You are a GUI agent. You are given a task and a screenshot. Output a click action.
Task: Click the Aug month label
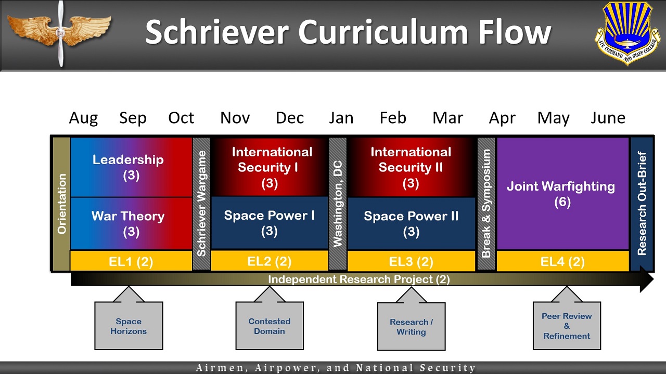83,118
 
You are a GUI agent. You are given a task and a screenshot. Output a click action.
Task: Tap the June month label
608,117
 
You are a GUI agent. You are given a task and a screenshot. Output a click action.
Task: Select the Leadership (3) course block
131,167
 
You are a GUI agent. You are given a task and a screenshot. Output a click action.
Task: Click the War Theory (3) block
131,223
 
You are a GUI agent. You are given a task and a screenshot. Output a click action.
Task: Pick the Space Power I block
270,223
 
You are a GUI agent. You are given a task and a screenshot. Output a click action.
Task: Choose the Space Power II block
411,223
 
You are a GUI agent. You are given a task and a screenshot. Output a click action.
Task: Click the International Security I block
270,167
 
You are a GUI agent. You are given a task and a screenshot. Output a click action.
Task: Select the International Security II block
411,167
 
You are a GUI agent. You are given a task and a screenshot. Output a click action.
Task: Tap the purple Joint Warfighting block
562,194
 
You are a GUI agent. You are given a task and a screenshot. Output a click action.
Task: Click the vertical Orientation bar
61,204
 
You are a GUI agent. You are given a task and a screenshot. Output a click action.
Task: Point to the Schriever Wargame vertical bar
201,204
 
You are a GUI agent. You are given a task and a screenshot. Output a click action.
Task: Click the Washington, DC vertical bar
338,204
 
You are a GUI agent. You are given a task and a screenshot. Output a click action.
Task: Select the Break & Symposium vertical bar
486,204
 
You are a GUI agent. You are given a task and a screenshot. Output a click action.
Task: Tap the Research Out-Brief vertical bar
642,204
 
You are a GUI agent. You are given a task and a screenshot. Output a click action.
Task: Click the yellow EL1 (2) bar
131,261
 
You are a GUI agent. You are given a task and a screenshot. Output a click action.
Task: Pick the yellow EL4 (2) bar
562,261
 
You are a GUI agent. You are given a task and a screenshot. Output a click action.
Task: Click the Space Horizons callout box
129,326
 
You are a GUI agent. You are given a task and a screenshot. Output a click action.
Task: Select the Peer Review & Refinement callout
567,326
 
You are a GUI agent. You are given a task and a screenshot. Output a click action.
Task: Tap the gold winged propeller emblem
59,33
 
